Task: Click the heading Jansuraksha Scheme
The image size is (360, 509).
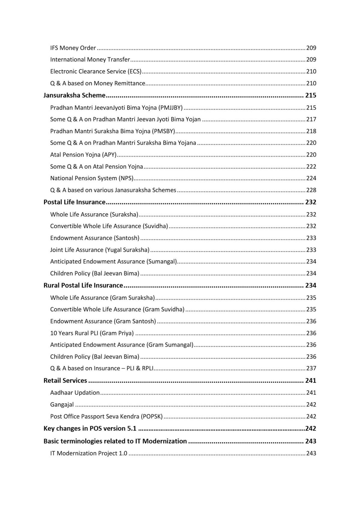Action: pyautogui.click(x=74, y=95)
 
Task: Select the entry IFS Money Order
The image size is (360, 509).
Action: pyautogui.click(x=73, y=48)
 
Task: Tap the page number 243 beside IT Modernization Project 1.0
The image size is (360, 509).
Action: pyautogui.click(x=311, y=453)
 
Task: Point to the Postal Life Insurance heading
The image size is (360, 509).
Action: pyautogui.click(x=74, y=202)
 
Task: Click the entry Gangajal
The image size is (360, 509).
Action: pyautogui.click(x=62, y=405)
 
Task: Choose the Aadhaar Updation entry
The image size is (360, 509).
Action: pyautogui.click(x=75, y=393)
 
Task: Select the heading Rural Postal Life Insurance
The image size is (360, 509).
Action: pyautogui.click(x=83, y=285)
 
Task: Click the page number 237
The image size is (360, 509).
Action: pyautogui.click(x=311, y=368)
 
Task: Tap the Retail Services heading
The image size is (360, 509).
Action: pyautogui.click(x=65, y=381)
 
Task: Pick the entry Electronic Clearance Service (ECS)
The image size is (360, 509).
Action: pyautogui.click(x=96, y=71)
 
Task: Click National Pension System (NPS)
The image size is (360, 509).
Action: pyautogui.click(x=91, y=178)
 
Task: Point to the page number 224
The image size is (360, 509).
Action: pyautogui.click(x=311, y=178)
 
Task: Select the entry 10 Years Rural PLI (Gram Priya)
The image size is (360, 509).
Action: pyautogui.click(x=92, y=333)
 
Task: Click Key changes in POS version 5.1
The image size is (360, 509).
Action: pyautogui.click(x=90, y=429)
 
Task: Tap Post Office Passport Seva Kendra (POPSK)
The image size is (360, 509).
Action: pyautogui.click(x=106, y=416)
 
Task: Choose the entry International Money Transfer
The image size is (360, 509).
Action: pyautogui.click(x=90, y=60)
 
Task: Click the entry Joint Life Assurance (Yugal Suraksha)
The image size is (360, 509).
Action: pyautogui.click(x=100, y=250)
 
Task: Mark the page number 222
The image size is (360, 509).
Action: pyautogui.click(x=311, y=166)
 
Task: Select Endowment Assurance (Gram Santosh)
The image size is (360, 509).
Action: pyautogui.click(x=103, y=321)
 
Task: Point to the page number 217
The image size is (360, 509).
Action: pyautogui.click(x=311, y=119)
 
